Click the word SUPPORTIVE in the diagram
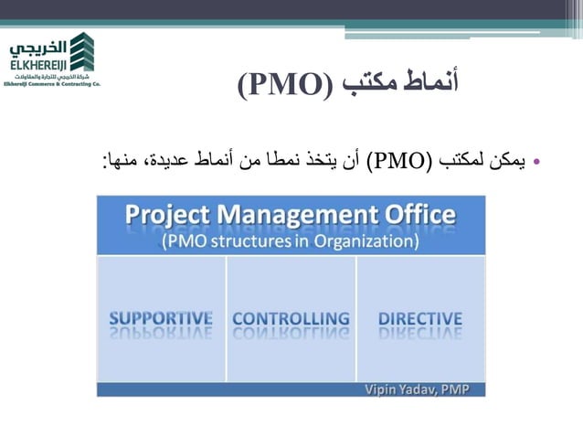[x=161, y=318]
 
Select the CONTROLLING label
[x=291, y=318]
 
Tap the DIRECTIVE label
[x=420, y=318]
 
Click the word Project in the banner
[x=167, y=216]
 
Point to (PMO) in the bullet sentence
[x=397, y=164]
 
